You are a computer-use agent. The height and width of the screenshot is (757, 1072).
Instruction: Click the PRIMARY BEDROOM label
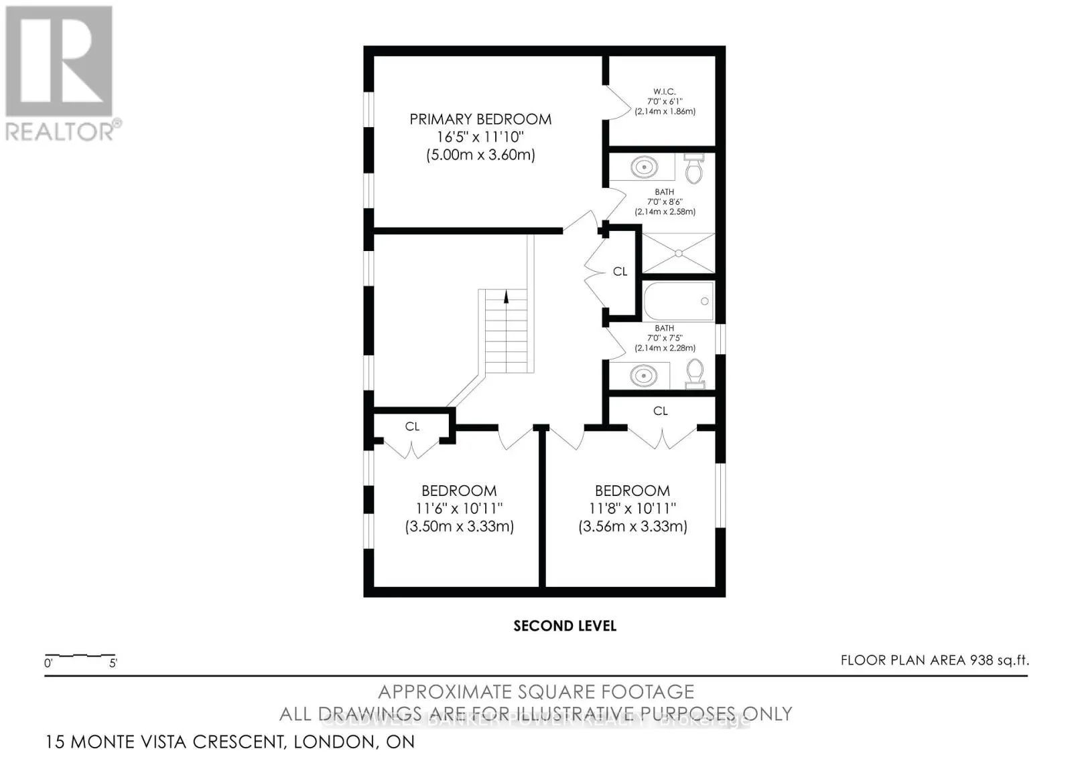click(x=480, y=119)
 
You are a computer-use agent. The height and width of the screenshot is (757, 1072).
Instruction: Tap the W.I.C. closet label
click(x=664, y=92)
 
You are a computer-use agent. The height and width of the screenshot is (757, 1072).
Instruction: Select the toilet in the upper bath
click(x=694, y=169)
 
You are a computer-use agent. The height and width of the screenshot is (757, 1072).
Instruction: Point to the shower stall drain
click(x=678, y=253)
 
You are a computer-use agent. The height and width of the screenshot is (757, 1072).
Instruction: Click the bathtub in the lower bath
click(x=679, y=302)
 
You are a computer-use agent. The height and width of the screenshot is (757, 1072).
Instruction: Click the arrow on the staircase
click(x=506, y=296)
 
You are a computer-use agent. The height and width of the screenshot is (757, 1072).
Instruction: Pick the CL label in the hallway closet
click(x=620, y=272)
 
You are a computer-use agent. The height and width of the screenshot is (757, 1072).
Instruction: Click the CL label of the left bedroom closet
click(x=412, y=426)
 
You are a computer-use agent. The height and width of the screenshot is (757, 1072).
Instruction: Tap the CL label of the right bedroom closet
click(x=661, y=411)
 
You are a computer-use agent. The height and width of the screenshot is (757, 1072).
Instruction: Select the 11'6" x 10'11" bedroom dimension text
click(x=459, y=509)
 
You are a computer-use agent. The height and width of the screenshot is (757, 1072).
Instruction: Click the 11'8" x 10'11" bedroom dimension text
click(x=632, y=509)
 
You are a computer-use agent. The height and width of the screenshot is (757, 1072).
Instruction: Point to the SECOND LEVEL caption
click(x=565, y=626)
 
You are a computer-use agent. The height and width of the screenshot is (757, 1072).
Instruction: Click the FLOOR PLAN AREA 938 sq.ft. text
click(x=935, y=660)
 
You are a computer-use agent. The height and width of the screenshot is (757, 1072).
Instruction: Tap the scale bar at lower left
click(x=80, y=655)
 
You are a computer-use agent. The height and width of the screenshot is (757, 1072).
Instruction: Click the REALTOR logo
click(x=60, y=74)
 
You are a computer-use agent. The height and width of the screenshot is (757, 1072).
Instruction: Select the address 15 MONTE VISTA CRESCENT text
click(x=230, y=742)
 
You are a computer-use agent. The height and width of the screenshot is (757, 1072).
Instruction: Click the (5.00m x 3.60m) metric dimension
click(x=480, y=155)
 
